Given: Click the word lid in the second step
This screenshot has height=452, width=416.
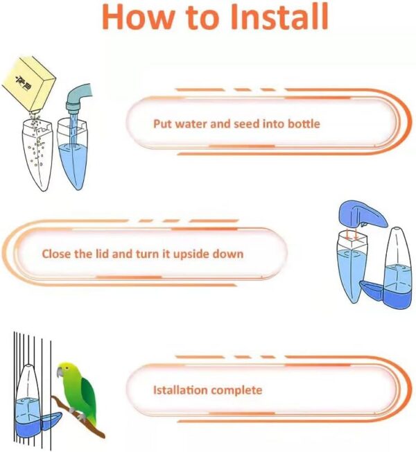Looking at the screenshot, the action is point(103,254).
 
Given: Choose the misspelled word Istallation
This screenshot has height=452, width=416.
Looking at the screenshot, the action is point(180,390).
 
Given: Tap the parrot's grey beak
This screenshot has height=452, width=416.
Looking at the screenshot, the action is point(60,372).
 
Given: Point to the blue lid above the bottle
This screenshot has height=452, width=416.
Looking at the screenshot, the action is point(363,215).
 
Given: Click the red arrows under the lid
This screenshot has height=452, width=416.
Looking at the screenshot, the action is point(352,235).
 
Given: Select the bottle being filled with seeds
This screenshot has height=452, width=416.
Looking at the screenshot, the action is point(37,154).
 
